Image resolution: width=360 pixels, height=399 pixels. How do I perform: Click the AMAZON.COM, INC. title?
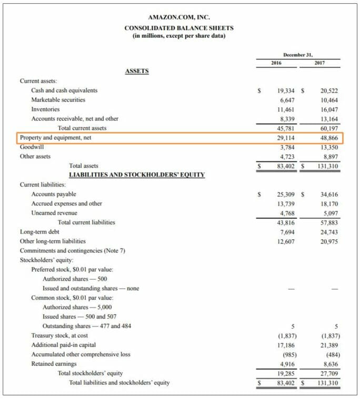[179, 17]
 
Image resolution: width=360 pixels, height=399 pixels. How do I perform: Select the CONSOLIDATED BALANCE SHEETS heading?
[179, 28]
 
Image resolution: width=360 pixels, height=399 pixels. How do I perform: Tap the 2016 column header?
[276, 63]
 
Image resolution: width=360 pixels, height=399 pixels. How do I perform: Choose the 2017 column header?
[319, 63]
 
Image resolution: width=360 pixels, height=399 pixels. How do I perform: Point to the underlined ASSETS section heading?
[136, 71]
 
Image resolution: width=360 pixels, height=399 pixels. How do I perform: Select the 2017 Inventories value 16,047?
[329, 109]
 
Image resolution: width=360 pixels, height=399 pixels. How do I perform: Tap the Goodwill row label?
[32, 147]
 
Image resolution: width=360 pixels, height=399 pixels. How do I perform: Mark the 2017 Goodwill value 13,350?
[329, 147]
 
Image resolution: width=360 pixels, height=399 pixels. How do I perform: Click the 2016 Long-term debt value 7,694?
[288, 232]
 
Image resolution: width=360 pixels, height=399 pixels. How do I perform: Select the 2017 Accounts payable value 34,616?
[329, 194]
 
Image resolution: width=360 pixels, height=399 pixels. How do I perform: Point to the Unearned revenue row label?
[54, 213]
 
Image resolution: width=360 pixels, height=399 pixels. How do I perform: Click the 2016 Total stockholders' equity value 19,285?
[286, 373]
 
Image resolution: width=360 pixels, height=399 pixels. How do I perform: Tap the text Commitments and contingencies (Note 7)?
[72, 251]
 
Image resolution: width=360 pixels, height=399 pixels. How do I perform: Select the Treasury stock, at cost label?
[59, 335]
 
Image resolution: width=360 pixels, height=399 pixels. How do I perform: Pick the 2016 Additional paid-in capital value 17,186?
[286, 345]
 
